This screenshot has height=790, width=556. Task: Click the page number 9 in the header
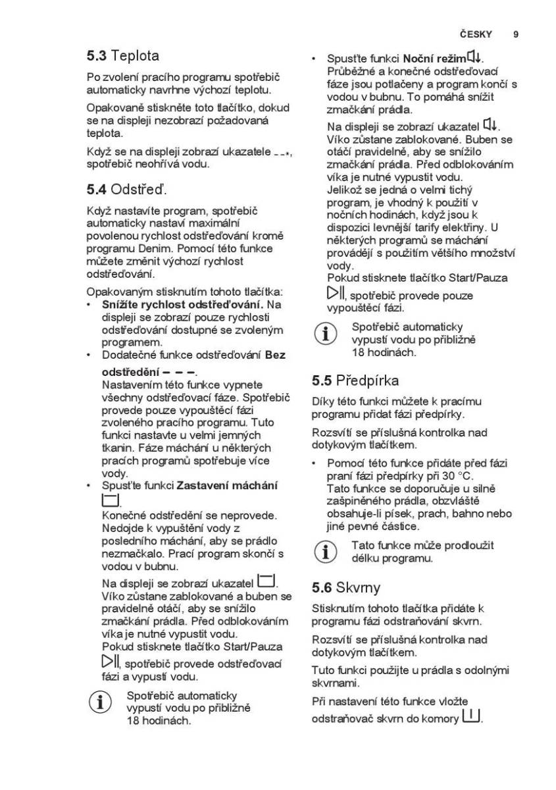tap(515, 34)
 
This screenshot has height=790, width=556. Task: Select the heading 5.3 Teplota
tap(122, 56)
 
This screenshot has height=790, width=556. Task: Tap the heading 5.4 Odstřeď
tap(127, 190)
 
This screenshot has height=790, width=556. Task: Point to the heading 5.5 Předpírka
tap(355, 381)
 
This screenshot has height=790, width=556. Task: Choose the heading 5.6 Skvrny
tap(345, 587)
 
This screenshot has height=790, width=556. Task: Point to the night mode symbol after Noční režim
tap(476, 58)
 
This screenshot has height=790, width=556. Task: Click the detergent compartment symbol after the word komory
tap(471, 715)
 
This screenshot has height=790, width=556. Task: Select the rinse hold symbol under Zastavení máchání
tap(110, 500)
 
